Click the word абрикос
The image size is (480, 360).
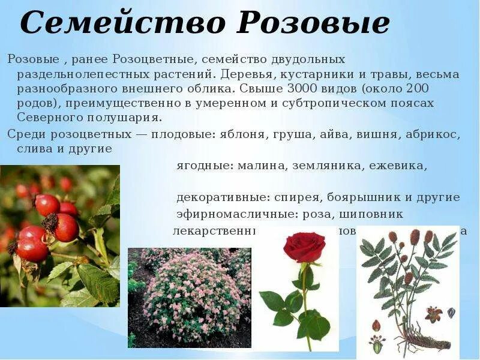pos(432,134)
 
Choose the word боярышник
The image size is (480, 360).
pos(369,197)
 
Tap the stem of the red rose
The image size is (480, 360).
pos(305,300)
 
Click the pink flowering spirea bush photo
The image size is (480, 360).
pos(189,297)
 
